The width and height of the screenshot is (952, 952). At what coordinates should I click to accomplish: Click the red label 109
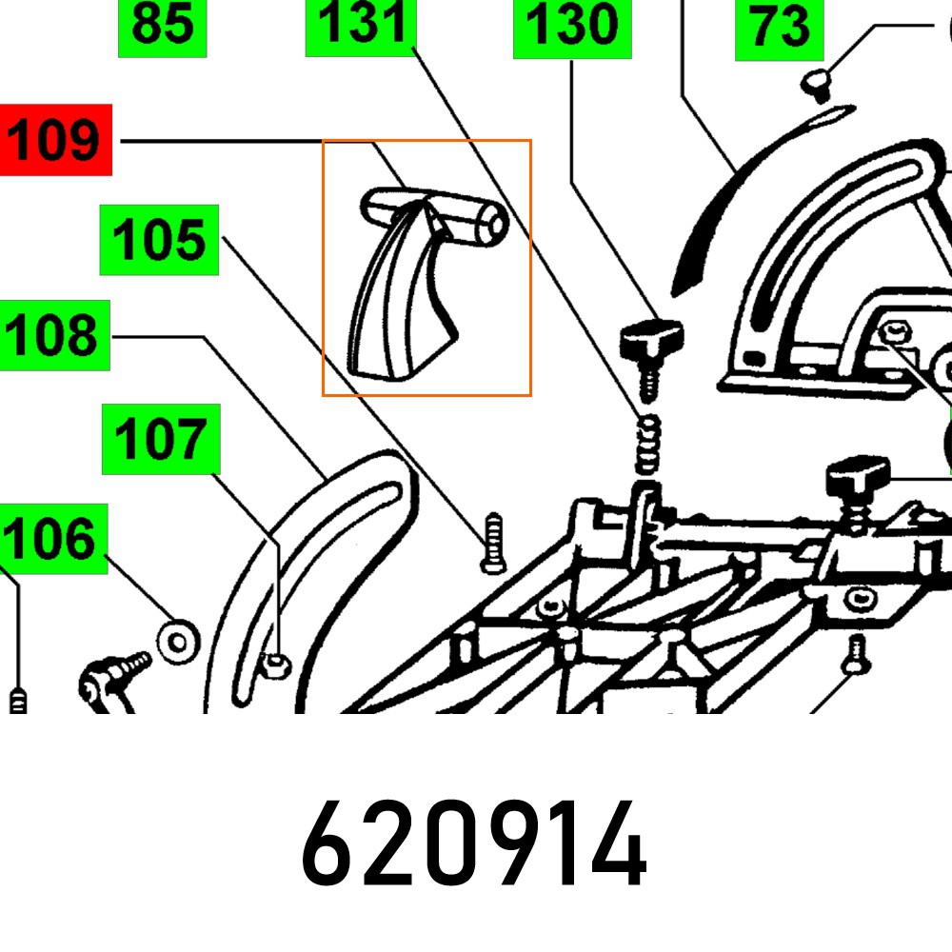tap(56, 140)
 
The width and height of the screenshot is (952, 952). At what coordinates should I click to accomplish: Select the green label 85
tap(162, 27)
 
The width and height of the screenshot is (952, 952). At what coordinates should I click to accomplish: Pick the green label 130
tap(571, 27)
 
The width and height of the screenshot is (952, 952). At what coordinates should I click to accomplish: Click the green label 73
tap(779, 29)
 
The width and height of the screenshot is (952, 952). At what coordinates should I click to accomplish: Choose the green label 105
tap(160, 240)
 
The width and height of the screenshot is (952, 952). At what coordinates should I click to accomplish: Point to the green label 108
tap(55, 335)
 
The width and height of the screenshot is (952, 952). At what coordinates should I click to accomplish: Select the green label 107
tap(161, 439)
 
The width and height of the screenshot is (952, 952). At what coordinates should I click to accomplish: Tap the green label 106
tap(51, 539)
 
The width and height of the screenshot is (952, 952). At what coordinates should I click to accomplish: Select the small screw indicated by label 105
tap(492, 544)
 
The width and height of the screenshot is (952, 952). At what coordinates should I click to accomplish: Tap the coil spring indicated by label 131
tap(647, 444)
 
